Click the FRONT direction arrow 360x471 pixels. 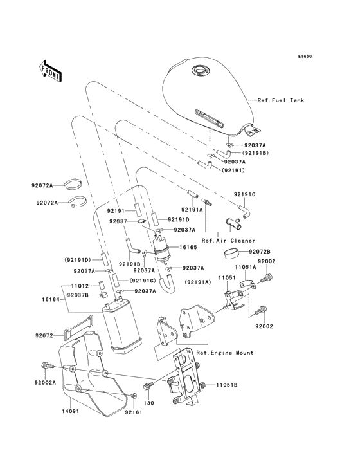pos(51,71)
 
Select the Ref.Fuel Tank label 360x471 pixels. pos(280,100)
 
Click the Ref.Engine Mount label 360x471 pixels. pos(225,353)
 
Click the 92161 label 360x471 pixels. pos(133,412)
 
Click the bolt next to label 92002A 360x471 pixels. pos(47,367)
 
